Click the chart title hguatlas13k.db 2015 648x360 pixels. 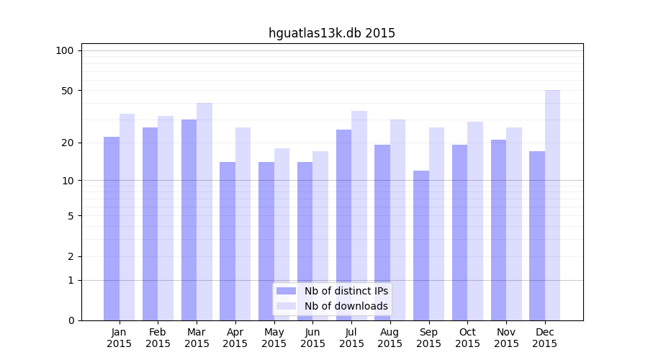332,33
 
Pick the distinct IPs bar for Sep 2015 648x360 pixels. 421,246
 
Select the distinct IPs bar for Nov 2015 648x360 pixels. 498,230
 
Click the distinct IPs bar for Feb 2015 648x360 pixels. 150,224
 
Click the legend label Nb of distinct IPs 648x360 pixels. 346,291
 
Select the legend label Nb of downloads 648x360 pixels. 346,306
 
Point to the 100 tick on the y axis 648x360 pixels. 65,50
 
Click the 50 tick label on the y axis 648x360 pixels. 68,91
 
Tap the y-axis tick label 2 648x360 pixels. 71,256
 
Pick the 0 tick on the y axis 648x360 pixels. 71,320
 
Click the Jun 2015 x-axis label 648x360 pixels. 312,338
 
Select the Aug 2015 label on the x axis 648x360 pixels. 390,338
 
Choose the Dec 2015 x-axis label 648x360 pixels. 545,338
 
